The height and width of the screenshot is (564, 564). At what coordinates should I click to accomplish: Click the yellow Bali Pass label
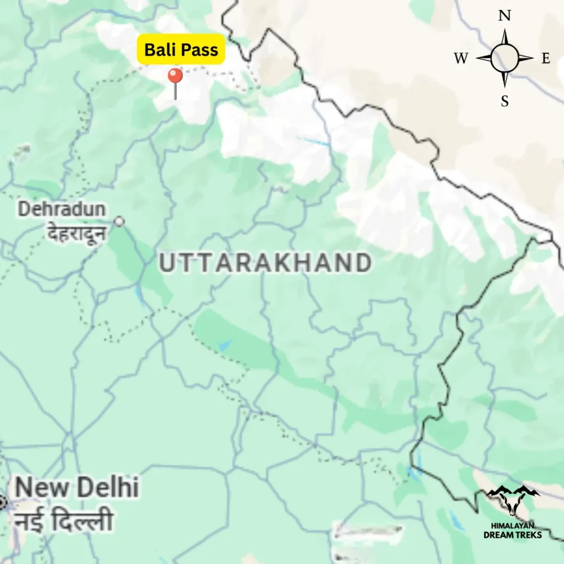click(181, 50)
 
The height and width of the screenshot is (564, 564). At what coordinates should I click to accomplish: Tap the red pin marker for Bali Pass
click(175, 77)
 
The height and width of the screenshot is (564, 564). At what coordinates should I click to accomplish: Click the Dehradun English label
click(62, 209)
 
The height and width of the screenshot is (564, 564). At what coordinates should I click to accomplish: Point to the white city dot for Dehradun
click(119, 221)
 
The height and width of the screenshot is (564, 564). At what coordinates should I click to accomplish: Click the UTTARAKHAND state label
click(265, 263)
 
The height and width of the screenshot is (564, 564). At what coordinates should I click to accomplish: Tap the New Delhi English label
click(77, 487)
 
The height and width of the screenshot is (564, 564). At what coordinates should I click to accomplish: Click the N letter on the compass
click(504, 16)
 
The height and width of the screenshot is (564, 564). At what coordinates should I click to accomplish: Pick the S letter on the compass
click(505, 101)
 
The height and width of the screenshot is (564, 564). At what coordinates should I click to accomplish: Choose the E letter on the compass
click(545, 59)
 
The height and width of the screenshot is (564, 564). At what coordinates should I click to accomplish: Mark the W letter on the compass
click(462, 59)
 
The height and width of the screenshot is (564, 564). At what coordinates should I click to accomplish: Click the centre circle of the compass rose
click(504, 58)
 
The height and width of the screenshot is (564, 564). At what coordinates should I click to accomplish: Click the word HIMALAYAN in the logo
click(512, 526)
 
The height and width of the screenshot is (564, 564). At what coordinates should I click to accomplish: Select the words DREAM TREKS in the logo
click(512, 535)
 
